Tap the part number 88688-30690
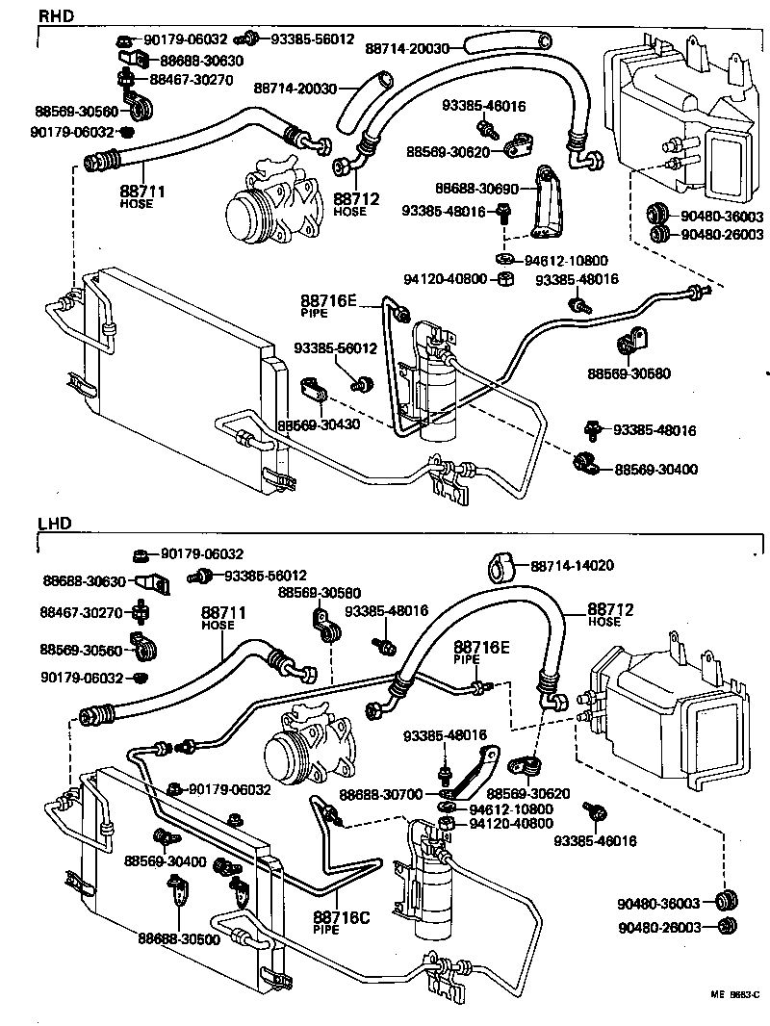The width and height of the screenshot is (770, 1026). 476,189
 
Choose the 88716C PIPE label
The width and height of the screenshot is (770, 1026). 341,922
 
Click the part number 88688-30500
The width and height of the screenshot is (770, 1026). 178,939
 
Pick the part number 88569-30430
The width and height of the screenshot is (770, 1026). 319,424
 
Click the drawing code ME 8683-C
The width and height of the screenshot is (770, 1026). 735,994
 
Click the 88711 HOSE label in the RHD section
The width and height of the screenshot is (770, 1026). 141,196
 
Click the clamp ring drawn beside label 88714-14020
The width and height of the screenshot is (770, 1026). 501,567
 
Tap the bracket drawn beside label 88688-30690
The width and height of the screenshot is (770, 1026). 548,202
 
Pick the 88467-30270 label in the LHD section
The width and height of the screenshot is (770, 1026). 82,612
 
